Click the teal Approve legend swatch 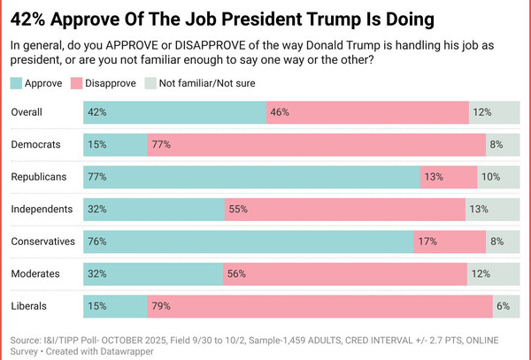(x=18, y=83)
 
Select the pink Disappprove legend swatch (x=78, y=83)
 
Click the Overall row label (x=29, y=112)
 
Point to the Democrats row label (x=36, y=144)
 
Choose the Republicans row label (x=39, y=177)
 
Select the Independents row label (x=42, y=209)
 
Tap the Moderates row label (x=36, y=273)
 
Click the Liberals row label (x=30, y=306)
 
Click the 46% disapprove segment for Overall (x=367, y=112)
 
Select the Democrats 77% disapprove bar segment (x=316, y=144)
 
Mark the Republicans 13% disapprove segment (x=449, y=177)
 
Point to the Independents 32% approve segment (x=154, y=209)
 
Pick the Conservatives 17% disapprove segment (x=450, y=241)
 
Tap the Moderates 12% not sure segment (x=493, y=273)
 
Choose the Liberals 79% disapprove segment (x=319, y=306)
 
